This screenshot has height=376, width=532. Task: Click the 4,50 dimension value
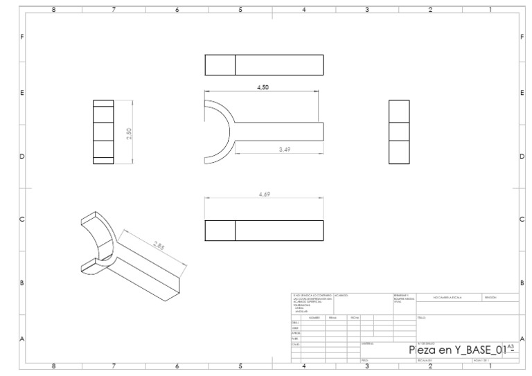tap(263, 88)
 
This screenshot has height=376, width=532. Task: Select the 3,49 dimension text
tap(284, 150)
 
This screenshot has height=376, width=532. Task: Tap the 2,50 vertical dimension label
tap(129, 132)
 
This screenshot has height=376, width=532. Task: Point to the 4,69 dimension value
tap(263, 195)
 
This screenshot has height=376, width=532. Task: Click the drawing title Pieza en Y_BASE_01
tap(457, 350)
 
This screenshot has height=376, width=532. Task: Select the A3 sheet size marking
tap(511, 345)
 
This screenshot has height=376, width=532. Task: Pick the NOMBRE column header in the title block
tap(314, 317)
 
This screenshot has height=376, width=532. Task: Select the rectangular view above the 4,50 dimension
tap(264, 64)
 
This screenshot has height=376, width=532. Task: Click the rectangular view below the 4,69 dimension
tap(264, 231)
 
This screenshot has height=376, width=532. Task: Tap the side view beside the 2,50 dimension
tap(103, 132)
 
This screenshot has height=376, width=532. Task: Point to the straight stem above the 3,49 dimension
tap(281, 132)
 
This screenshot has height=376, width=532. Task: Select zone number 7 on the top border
tap(114, 10)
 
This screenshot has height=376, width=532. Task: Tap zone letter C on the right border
tap(521, 220)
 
